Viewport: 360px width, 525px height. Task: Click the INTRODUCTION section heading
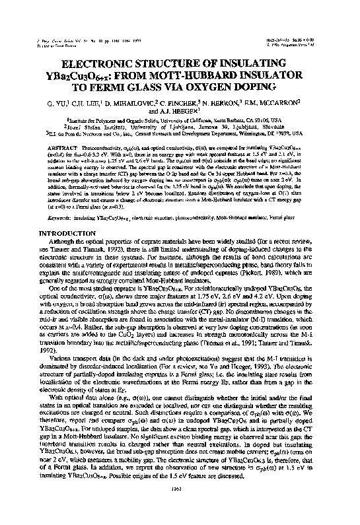(x=65, y=234)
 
